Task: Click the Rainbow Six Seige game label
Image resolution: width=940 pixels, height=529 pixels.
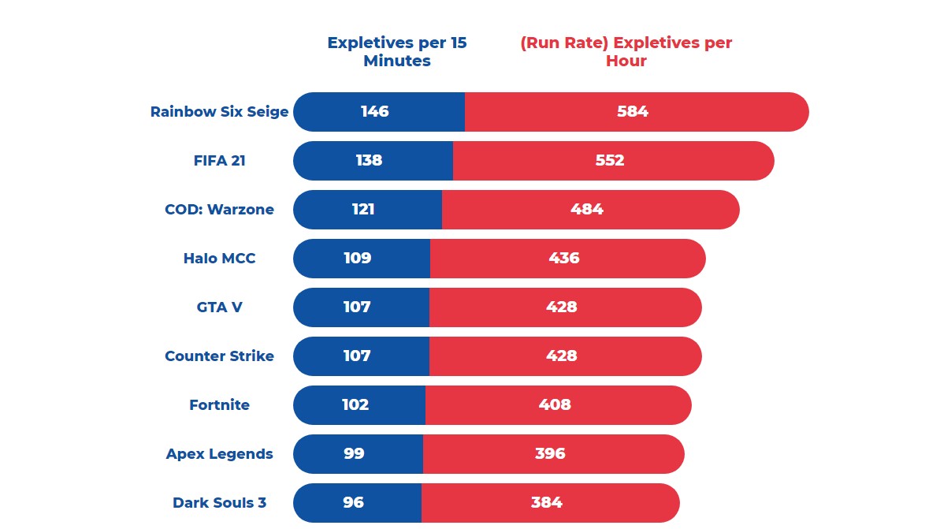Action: point(220,112)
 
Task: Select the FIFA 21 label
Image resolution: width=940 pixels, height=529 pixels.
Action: point(220,161)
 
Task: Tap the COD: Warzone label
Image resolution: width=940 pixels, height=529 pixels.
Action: point(220,210)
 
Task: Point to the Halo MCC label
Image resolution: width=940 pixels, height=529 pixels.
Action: point(220,259)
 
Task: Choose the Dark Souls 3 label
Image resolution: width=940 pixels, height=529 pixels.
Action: point(220,503)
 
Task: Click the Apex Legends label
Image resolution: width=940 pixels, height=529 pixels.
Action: point(220,454)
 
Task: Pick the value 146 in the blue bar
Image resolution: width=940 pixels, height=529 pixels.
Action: point(375,112)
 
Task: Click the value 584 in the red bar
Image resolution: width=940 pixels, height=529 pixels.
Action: point(633,112)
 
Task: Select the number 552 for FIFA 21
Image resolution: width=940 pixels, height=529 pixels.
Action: point(609,161)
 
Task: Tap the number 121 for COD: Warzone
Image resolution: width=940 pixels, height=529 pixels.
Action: point(363,210)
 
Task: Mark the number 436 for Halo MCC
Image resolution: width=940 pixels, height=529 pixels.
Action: point(564,259)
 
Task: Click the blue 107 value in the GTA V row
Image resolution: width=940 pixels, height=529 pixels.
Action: point(357,307)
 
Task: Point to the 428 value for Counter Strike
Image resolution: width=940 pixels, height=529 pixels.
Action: point(562,356)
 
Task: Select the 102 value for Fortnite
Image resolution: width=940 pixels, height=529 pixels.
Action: point(355,405)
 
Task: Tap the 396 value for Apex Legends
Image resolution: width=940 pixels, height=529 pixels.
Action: point(550,454)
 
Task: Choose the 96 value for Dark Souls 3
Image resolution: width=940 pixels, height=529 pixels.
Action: point(352,503)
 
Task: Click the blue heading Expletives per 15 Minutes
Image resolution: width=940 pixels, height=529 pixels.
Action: point(397,52)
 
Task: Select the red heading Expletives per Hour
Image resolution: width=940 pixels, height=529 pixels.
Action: point(626,52)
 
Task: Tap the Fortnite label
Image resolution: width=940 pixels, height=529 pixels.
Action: point(220,405)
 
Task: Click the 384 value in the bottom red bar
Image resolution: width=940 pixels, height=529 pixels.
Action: point(547,503)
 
